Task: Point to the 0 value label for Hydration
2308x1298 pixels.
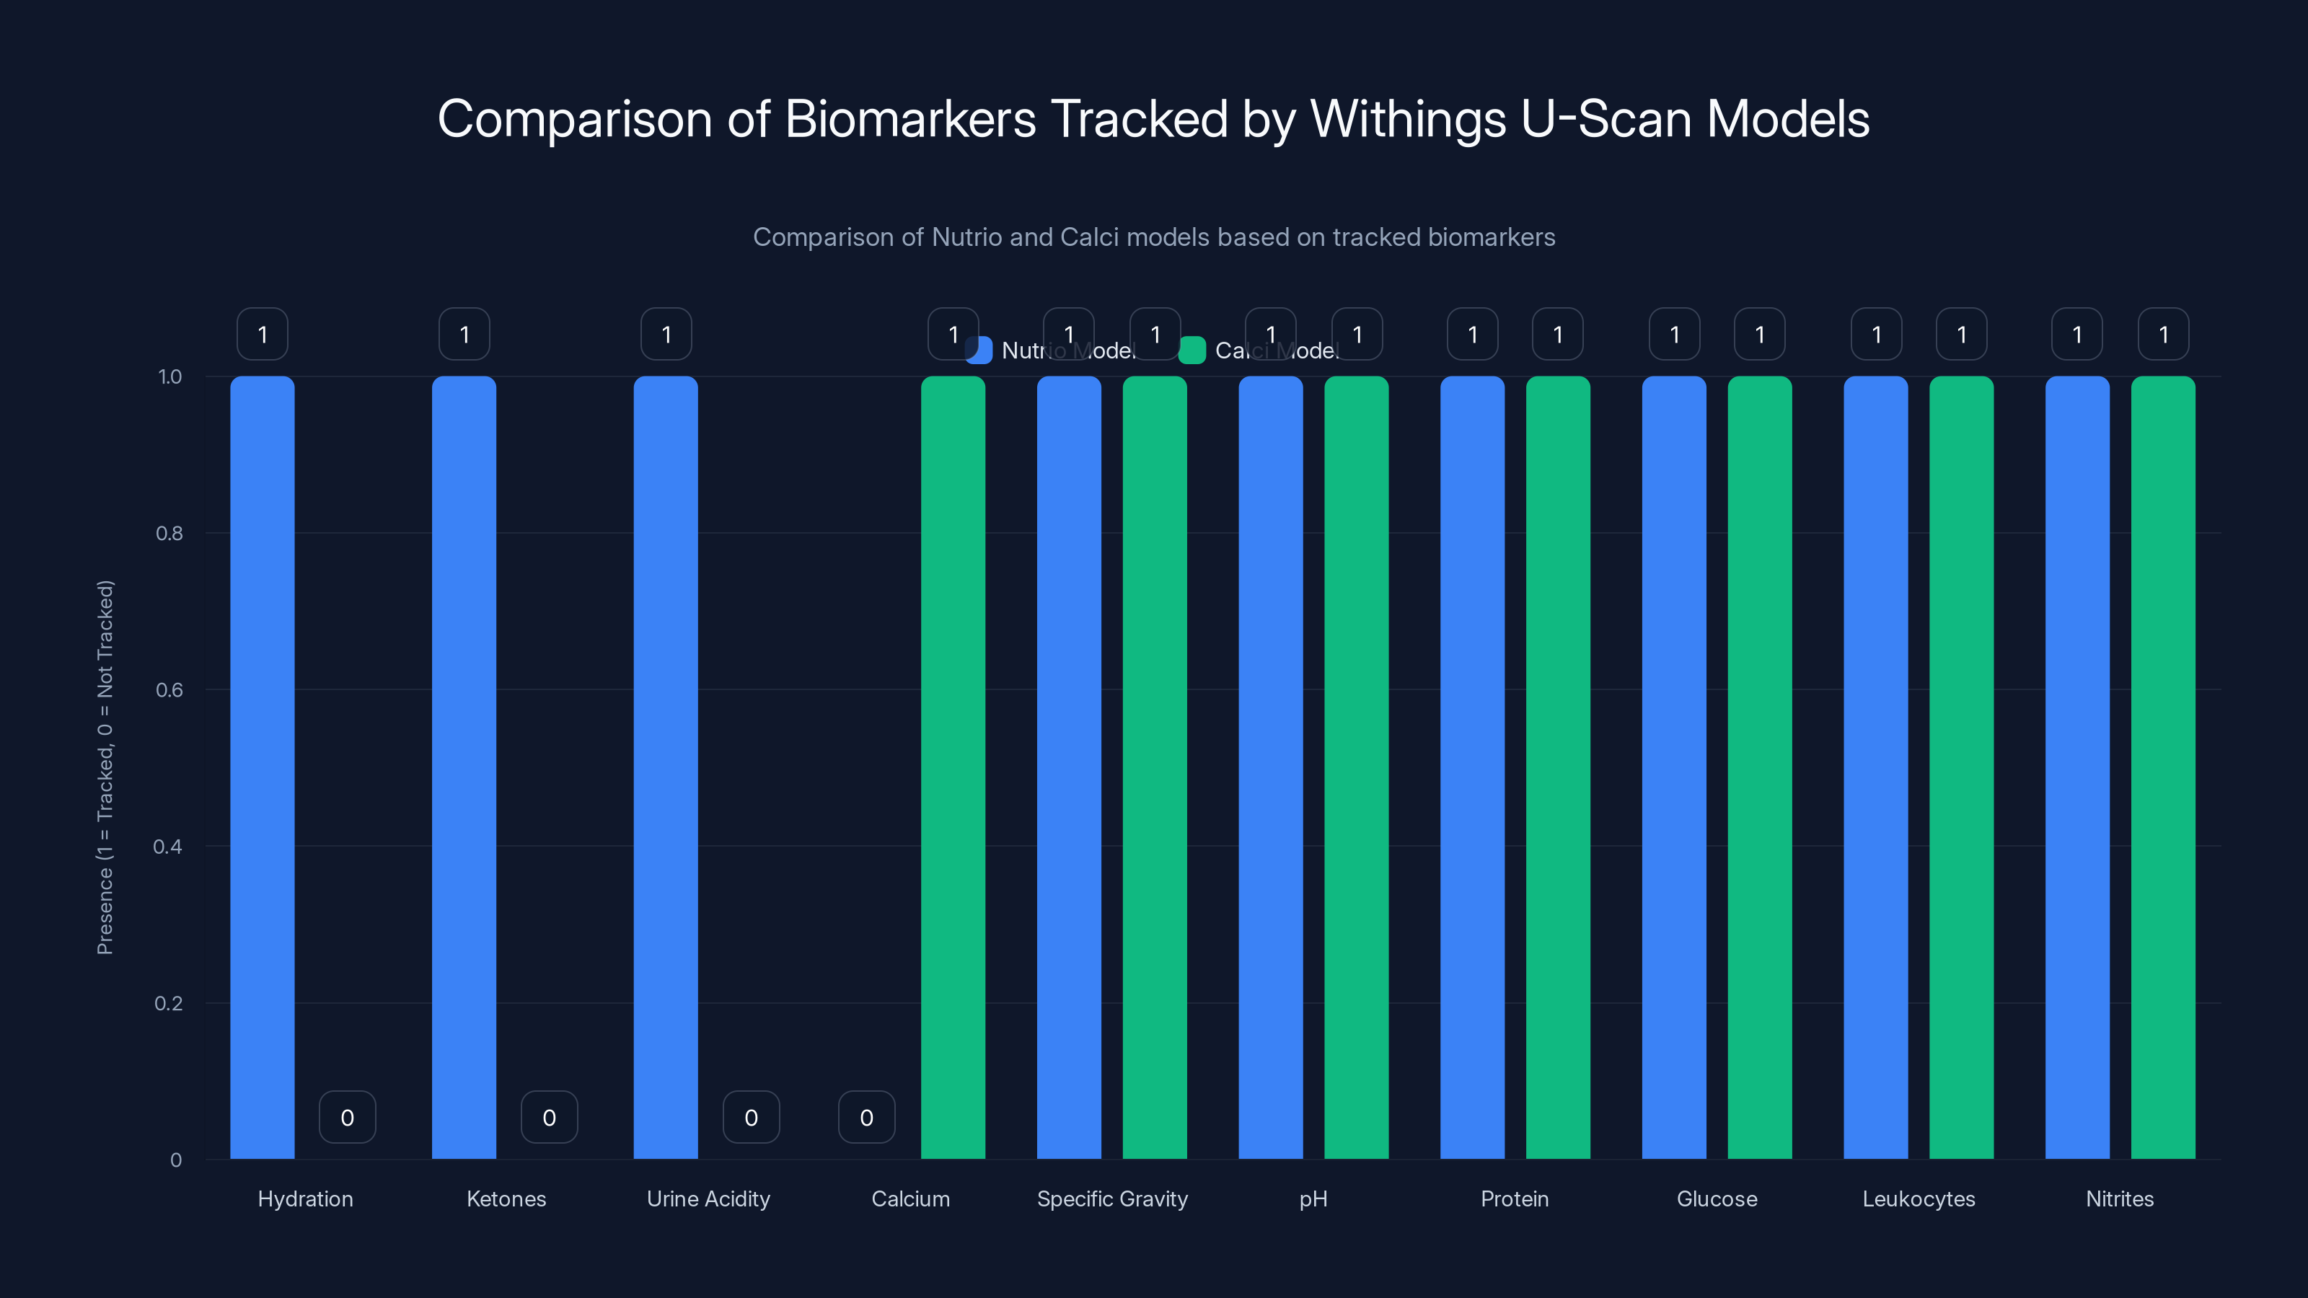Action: tap(348, 1117)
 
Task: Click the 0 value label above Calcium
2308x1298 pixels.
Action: tap(866, 1117)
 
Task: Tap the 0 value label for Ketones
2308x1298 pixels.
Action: tap(549, 1117)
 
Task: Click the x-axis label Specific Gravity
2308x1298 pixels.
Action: tap(1112, 1198)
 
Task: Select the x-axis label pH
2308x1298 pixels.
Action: tap(1313, 1198)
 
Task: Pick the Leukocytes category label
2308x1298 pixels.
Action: tap(1919, 1198)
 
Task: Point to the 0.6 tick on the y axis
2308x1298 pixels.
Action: tap(169, 690)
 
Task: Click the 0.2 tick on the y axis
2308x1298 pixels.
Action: tap(169, 1003)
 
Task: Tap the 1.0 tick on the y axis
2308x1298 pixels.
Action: tap(169, 377)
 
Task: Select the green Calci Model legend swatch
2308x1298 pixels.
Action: tap(1192, 350)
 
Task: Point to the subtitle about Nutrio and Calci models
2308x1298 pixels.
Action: tap(1153, 237)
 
